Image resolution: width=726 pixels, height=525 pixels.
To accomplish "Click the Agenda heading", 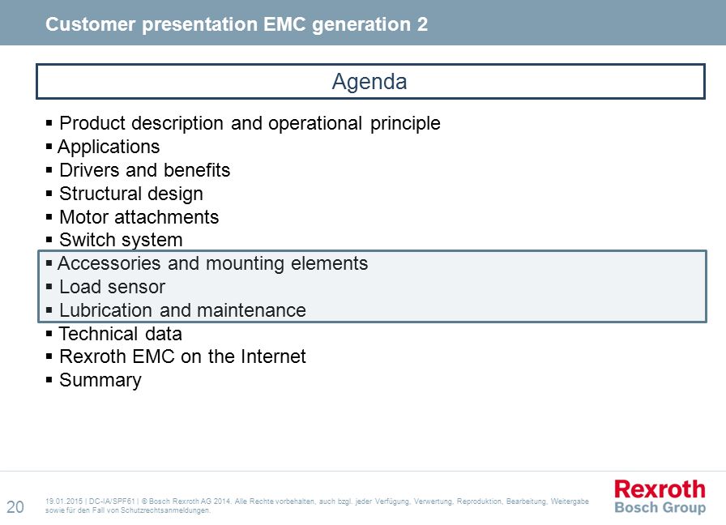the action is click(x=369, y=82).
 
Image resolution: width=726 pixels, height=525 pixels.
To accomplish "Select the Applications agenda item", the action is click(x=109, y=147).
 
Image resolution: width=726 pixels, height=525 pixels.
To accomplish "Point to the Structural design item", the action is click(x=131, y=194).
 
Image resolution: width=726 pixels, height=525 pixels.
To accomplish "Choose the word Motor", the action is click(x=83, y=217).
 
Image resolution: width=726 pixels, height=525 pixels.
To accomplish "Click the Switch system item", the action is click(x=121, y=241).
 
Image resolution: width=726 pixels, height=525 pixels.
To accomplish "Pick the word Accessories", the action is click(x=109, y=263).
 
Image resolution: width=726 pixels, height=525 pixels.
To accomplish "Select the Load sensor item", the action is click(x=112, y=287).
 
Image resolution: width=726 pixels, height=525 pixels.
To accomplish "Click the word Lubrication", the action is click(x=105, y=310).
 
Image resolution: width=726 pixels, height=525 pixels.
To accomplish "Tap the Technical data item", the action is click(x=121, y=334).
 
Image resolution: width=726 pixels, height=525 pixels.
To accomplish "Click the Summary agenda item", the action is click(x=100, y=381).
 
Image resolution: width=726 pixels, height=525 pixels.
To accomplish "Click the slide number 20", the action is click(x=15, y=507).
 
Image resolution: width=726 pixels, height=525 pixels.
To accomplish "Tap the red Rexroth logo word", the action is click(x=660, y=489).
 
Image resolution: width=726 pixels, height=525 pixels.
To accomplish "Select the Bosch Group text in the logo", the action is click(x=660, y=507).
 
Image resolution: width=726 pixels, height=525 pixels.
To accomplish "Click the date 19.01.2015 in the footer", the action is click(x=64, y=502).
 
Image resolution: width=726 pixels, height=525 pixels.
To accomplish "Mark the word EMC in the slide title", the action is click(x=284, y=24).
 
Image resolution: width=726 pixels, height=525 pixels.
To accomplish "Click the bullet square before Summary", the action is click(x=49, y=380).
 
